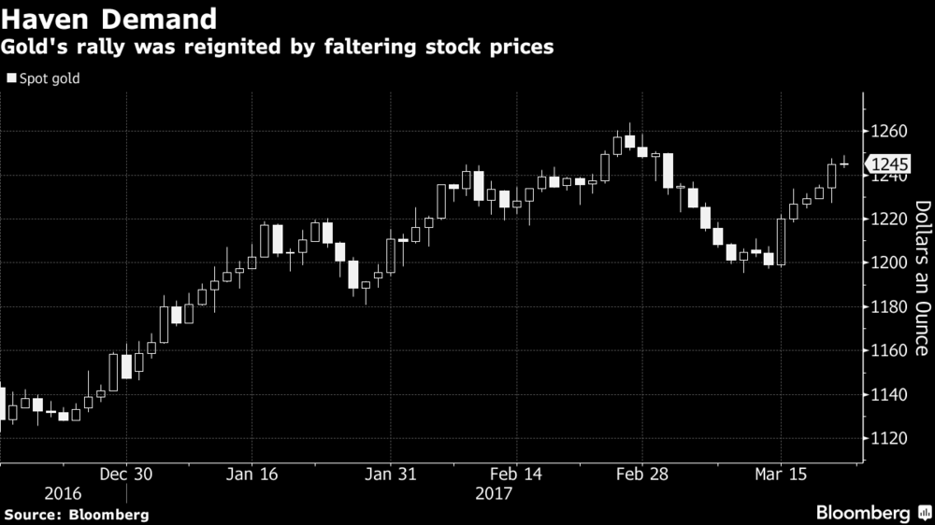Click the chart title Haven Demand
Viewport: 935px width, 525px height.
110,18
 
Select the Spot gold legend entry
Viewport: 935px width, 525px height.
43,78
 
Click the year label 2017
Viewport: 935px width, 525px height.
494,493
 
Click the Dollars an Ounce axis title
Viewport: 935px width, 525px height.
920,278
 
